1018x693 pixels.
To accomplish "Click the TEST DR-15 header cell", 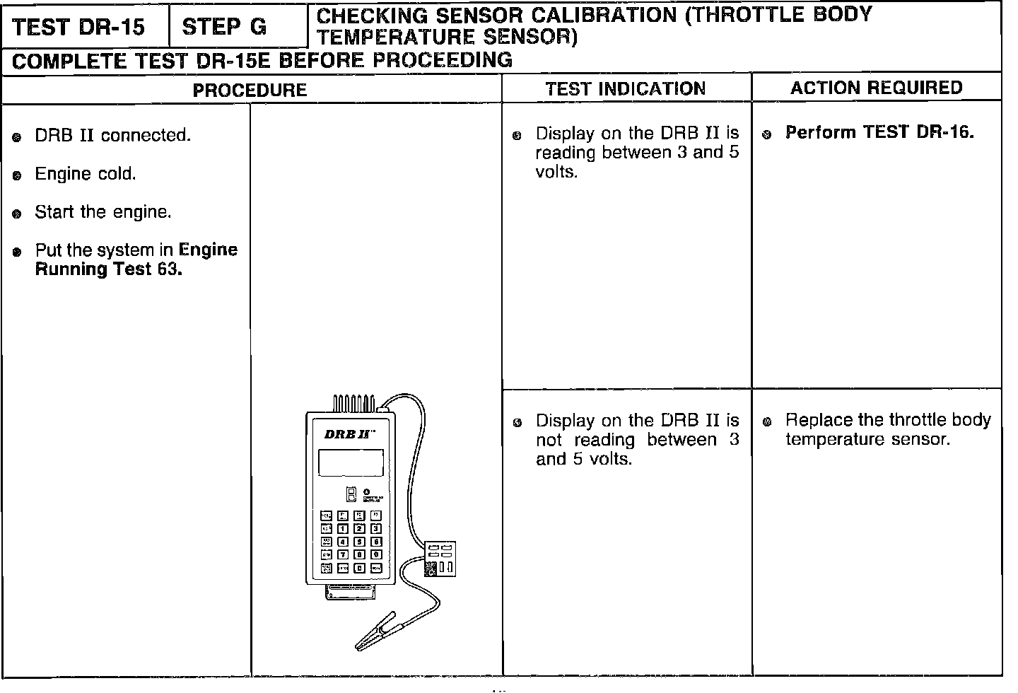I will (79, 27).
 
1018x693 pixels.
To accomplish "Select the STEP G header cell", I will (224, 27).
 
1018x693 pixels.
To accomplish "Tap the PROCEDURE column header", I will (250, 90).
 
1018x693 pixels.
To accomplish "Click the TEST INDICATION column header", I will (626, 88).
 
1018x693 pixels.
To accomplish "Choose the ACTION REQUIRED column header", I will (877, 88).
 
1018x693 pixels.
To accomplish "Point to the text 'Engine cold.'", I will (86, 174).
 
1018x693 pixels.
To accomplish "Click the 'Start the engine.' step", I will (103, 212).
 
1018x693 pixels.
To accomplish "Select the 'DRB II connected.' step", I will (113, 135).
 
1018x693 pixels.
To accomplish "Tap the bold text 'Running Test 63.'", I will (109, 269).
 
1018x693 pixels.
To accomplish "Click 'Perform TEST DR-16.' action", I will (879, 132).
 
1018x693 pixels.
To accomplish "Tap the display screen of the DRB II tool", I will (351, 462).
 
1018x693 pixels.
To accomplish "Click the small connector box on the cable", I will (440, 559).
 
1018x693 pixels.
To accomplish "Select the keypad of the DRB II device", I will (351, 541).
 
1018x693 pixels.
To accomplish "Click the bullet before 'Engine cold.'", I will (17, 175).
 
